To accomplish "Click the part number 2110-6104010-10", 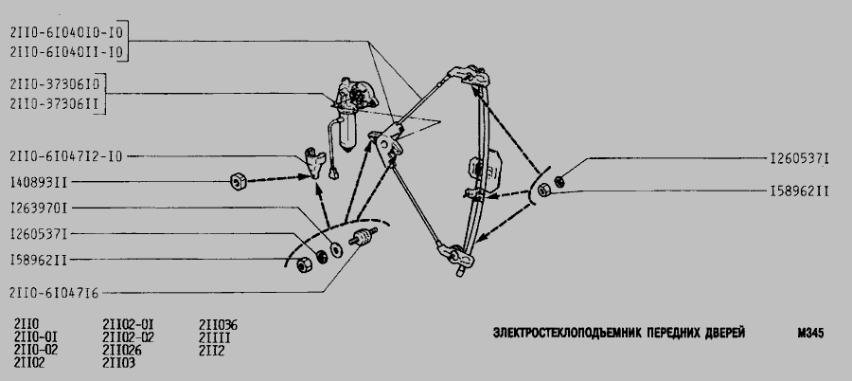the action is pos(66,32).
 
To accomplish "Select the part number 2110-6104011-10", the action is pos(66,52).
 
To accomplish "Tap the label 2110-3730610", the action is pos(55,84).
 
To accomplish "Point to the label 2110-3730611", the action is pos(55,104).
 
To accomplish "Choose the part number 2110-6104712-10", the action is pos(66,156).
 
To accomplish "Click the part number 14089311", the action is pos(39,182).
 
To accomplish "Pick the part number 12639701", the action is pos(39,208).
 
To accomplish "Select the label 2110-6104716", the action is pos(54,294).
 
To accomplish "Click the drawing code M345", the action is pos(810,333).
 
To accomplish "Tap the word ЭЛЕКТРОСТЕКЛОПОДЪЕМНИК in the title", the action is pos(567,333).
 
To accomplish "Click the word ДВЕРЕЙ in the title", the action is pos(726,333).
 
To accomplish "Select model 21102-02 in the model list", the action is pos(128,338).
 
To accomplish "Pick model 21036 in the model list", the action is pos(219,325).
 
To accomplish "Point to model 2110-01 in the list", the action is pos(36,338).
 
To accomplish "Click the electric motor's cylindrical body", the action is pos(347,131).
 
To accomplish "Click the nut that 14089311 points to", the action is pos(238,181).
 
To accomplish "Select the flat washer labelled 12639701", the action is pos(336,249).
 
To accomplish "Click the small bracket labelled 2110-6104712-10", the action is pos(314,162).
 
